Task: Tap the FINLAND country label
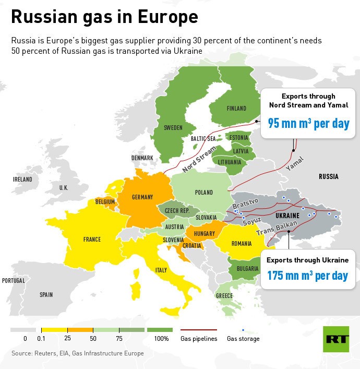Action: point(236,109)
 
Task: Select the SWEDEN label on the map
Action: point(173,127)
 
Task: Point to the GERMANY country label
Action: point(142,197)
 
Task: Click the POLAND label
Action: point(203,193)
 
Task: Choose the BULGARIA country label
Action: point(247,269)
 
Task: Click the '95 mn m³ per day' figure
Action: point(308,124)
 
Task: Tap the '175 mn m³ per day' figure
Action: point(307,275)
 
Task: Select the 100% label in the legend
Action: point(161,339)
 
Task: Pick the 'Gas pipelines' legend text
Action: point(199,339)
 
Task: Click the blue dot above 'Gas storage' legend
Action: point(243,330)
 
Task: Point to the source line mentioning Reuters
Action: point(77,353)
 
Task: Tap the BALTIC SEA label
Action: point(203,139)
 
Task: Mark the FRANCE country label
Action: point(92,240)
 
